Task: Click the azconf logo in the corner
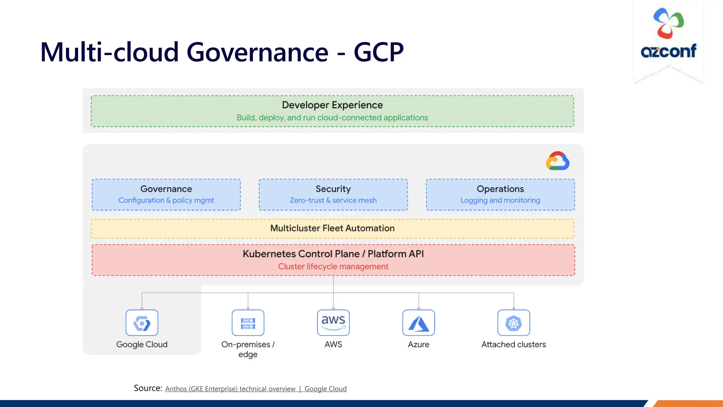(x=668, y=34)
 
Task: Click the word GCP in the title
(x=378, y=52)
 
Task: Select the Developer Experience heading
(x=332, y=105)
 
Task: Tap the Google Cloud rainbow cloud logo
(x=557, y=161)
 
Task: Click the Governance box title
(x=166, y=189)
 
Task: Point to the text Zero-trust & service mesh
(x=333, y=200)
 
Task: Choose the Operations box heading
(x=500, y=189)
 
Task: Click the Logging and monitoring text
(x=500, y=200)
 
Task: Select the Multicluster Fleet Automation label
(x=332, y=228)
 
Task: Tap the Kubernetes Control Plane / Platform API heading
(x=333, y=254)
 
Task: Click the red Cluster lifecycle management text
(x=333, y=266)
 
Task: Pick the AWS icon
(x=333, y=323)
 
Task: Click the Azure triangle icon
(x=418, y=323)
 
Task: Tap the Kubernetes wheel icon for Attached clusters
(x=514, y=323)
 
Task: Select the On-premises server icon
(x=248, y=323)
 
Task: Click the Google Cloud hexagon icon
(x=142, y=323)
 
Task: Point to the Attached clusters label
(x=514, y=344)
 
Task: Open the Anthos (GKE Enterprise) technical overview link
(x=230, y=389)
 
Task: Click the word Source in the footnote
(x=147, y=388)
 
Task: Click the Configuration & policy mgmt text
(x=166, y=200)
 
